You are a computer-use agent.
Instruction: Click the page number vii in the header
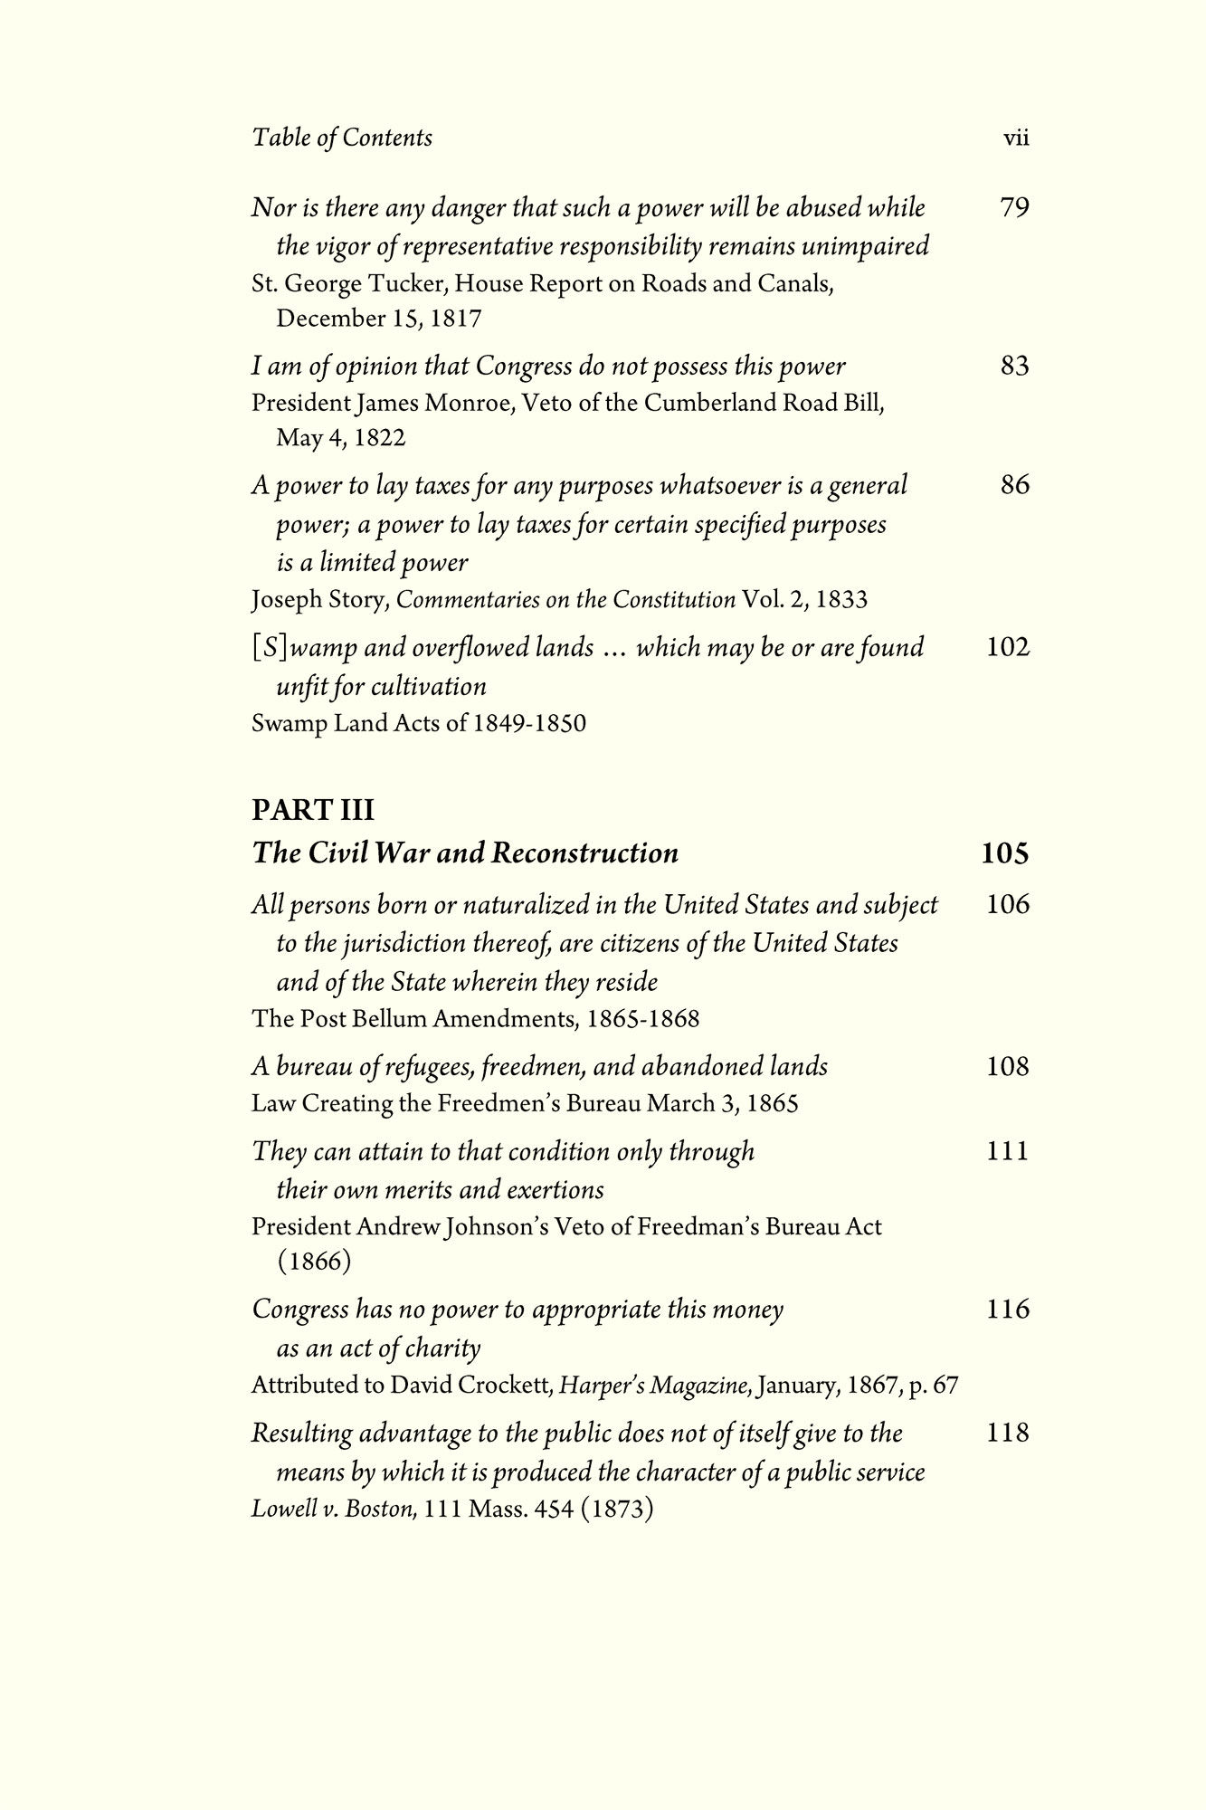tap(1016, 138)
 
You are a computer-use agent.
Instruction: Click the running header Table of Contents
tap(342, 138)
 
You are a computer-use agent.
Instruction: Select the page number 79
tap(1015, 208)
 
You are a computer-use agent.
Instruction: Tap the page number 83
tap(1015, 367)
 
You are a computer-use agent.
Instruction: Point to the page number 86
tap(1015, 485)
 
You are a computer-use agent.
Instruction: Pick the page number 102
tap(1008, 647)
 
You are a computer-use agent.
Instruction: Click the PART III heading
tap(312, 809)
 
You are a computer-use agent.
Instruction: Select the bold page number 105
tap(1005, 853)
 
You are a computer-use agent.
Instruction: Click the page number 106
tap(1008, 904)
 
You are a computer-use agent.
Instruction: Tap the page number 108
tap(1008, 1066)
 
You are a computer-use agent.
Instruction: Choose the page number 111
tap(1008, 1151)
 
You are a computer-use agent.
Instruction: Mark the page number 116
tap(1008, 1309)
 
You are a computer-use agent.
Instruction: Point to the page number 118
tap(1008, 1433)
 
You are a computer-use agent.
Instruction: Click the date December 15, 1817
tap(379, 319)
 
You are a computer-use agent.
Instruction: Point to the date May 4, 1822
tap(341, 438)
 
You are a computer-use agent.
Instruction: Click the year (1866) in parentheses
tap(314, 1261)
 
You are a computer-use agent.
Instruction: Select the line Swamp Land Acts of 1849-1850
tap(418, 724)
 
